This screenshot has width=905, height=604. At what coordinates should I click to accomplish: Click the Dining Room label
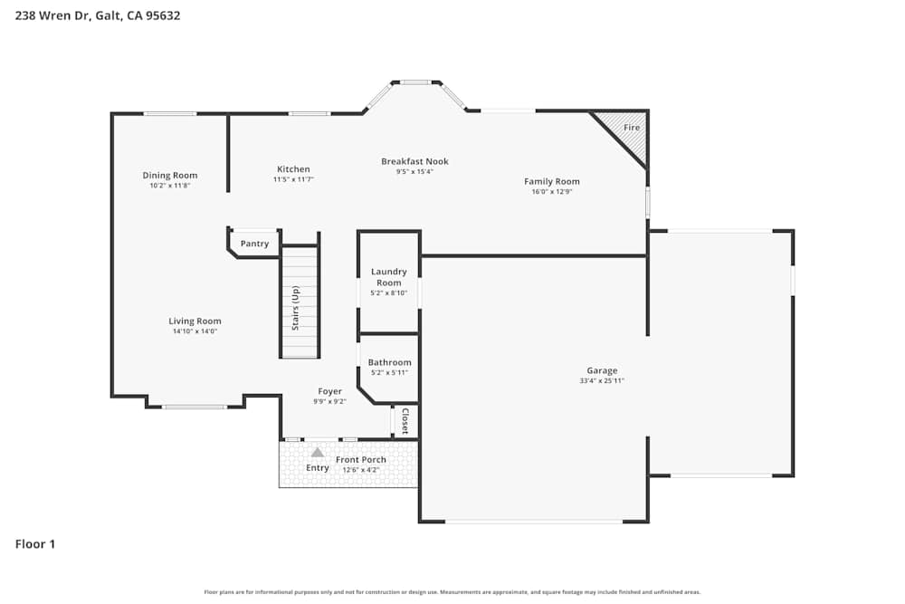[x=170, y=176]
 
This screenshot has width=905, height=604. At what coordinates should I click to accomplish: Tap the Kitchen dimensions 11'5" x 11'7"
[x=293, y=180]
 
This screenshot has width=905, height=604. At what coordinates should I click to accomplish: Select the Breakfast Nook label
[x=414, y=161]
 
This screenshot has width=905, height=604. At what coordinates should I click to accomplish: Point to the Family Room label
[x=551, y=181]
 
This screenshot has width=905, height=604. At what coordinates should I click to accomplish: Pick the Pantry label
[x=254, y=244]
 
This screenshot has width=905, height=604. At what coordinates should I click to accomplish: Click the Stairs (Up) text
[x=295, y=307]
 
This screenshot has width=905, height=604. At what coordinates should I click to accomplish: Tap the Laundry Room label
[x=389, y=277]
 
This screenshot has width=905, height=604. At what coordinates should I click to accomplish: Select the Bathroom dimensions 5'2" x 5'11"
[x=389, y=373]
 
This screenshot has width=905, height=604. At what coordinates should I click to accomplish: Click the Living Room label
[x=195, y=321]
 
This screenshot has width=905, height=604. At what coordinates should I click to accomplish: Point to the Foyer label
[x=329, y=391]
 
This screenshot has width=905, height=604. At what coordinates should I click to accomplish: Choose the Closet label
[x=405, y=422]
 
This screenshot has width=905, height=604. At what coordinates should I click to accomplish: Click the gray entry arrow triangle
[x=318, y=452]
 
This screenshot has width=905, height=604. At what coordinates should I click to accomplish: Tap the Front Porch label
[x=361, y=460]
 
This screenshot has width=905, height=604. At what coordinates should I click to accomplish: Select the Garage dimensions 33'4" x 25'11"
[x=602, y=381]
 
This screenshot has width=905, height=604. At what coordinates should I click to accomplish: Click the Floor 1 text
[x=35, y=544]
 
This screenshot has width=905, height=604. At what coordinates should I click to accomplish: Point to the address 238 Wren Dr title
[x=98, y=15]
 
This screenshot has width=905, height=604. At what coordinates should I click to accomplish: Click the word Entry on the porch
[x=318, y=468]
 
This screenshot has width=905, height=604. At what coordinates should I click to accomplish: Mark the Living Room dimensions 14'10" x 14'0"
[x=195, y=331]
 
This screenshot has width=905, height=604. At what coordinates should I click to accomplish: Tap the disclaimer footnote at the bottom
[x=452, y=592]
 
